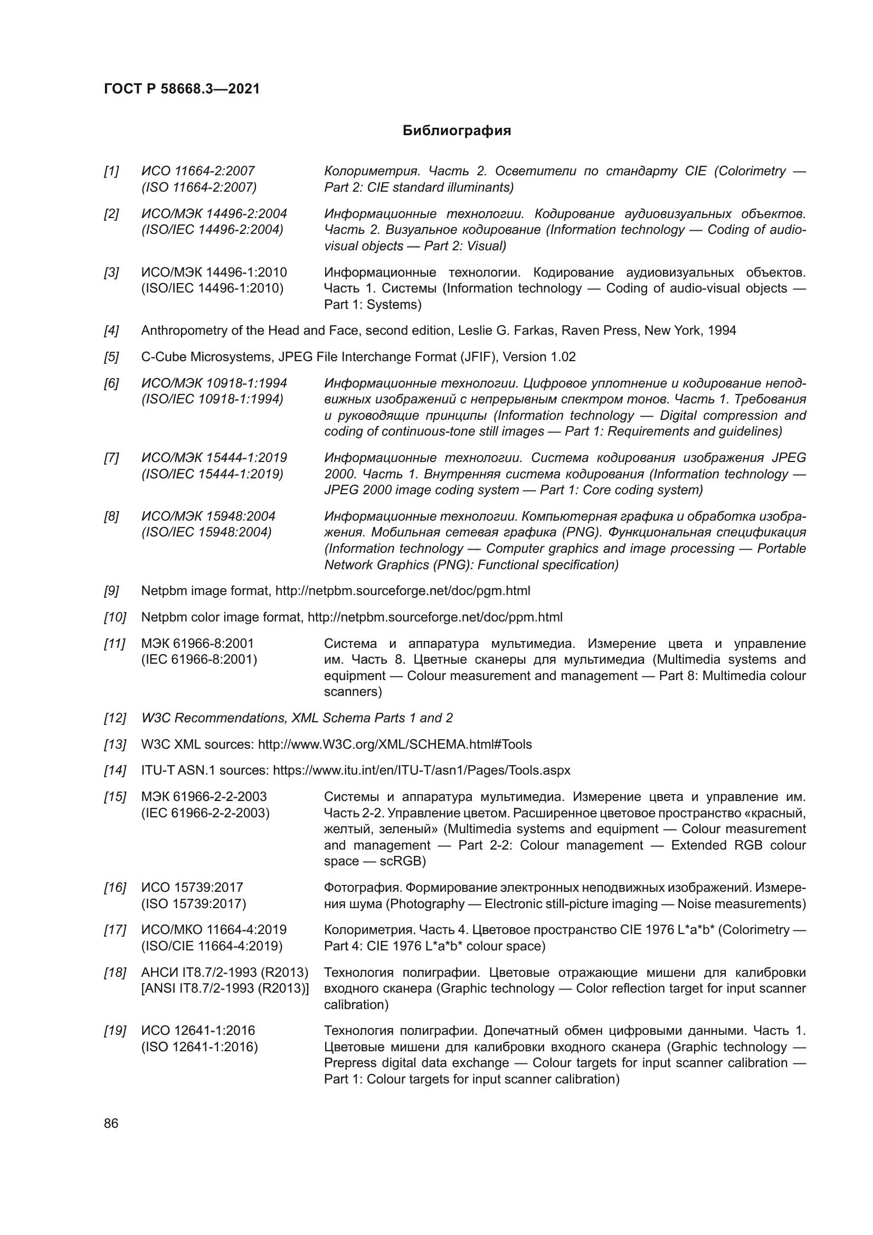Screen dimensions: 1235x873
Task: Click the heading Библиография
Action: click(457, 131)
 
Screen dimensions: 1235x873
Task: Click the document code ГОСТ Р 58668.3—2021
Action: click(182, 89)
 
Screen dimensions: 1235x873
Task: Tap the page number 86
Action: click(111, 1123)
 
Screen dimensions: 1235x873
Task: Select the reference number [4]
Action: click(111, 331)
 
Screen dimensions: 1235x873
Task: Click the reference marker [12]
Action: click(115, 718)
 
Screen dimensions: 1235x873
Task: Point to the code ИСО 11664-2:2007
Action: click(198, 171)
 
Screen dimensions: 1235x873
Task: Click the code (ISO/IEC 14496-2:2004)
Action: click(212, 230)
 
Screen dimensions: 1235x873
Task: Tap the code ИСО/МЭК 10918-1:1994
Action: click(214, 383)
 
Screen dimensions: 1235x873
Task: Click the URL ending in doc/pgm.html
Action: click(403, 591)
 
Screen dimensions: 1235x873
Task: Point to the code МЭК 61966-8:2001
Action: click(197, 644)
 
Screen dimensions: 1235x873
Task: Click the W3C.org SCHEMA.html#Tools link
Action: click(395, 744)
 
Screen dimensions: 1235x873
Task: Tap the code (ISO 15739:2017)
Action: click(194, 903)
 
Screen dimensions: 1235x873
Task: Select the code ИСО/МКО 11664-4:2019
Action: click(214, 930)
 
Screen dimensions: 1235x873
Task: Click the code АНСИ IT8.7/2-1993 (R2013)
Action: click(225, 973)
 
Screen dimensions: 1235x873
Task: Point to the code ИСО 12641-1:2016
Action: click(198, 1031)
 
